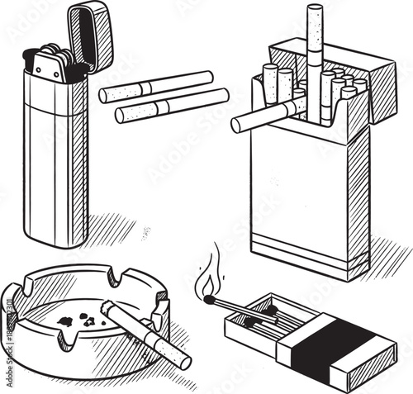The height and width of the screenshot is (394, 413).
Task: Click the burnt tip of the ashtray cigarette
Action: [x=106, y=307]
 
